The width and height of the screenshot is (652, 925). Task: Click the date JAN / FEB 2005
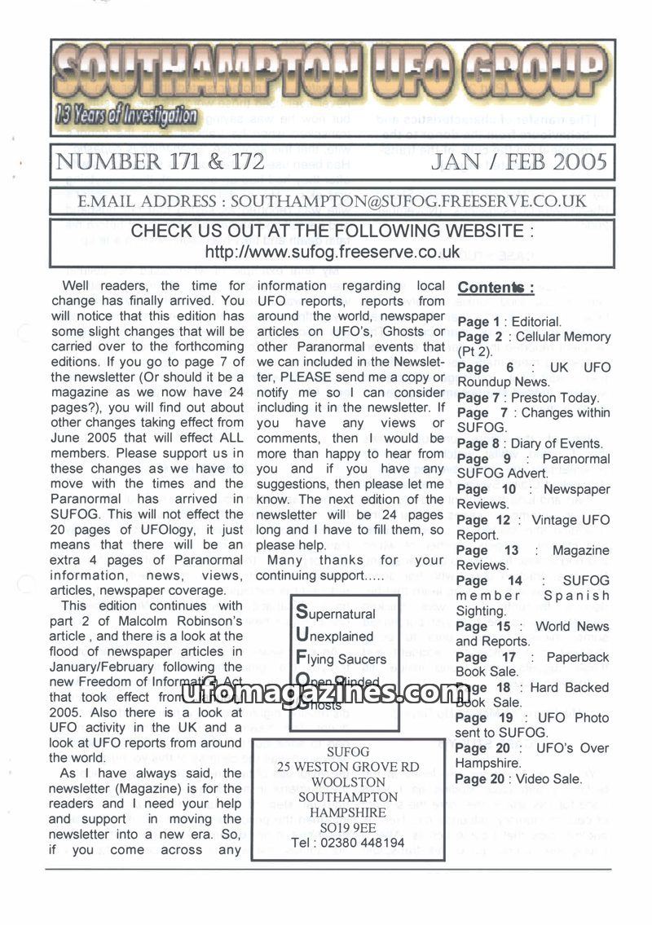click(x=520, y=161)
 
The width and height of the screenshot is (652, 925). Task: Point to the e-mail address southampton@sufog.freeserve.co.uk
click(x=407, y=200)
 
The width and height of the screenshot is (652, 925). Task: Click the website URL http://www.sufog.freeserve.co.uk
click(x=333, y=252)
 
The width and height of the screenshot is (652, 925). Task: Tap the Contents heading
click(x=496, y=288)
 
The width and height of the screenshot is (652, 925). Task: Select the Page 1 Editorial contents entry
click(x=509, y=322)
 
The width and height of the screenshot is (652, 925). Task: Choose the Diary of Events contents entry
click(x=529, y=443)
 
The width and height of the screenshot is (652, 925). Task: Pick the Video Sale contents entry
click(x=519, y=778)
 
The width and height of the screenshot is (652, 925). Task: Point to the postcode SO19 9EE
click(x=348, y=826)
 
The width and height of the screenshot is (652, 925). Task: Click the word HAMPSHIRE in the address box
click(x=348, y=812)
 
